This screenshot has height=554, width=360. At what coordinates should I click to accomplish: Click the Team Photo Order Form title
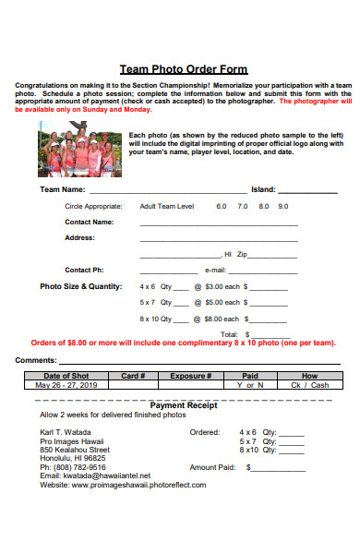tap(184, 69)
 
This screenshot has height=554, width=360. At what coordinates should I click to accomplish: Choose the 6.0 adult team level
tap(222, 206)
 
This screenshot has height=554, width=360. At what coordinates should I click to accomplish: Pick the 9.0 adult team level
tap(282, 206)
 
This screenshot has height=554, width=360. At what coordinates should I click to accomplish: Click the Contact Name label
tap(90, 222)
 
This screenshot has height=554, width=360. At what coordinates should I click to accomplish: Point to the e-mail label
tap(214, 270)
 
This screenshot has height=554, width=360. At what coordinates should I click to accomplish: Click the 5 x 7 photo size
tap(148, 302)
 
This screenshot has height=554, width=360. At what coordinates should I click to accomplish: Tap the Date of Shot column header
tap(66, 376)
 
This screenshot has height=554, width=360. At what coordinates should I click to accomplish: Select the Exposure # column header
tap(191, 376)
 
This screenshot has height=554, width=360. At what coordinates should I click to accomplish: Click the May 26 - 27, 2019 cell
tap(66, 385)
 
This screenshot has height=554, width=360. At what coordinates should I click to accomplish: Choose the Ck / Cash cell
tap(309, 385)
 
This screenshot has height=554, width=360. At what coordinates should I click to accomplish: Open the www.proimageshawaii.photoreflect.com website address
tap(138, 484)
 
